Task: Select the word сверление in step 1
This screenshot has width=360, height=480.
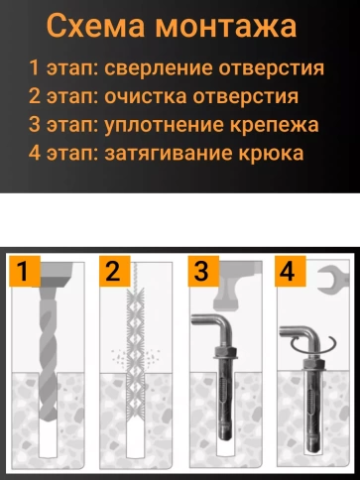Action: [159, 68]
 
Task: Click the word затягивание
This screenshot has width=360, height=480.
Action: [169, 154]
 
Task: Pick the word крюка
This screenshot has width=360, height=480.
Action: [271, 154]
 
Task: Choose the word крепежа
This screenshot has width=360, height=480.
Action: [275, 126]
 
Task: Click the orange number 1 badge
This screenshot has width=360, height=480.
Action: [25, 271]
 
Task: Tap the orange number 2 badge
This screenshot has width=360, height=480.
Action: [114, 271]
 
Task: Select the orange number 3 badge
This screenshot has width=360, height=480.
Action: [203, 271]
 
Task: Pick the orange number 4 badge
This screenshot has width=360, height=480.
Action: [290, 271]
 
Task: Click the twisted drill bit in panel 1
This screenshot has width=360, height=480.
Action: [48, 354]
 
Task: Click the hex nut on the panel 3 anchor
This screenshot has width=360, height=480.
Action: [225, 352]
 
